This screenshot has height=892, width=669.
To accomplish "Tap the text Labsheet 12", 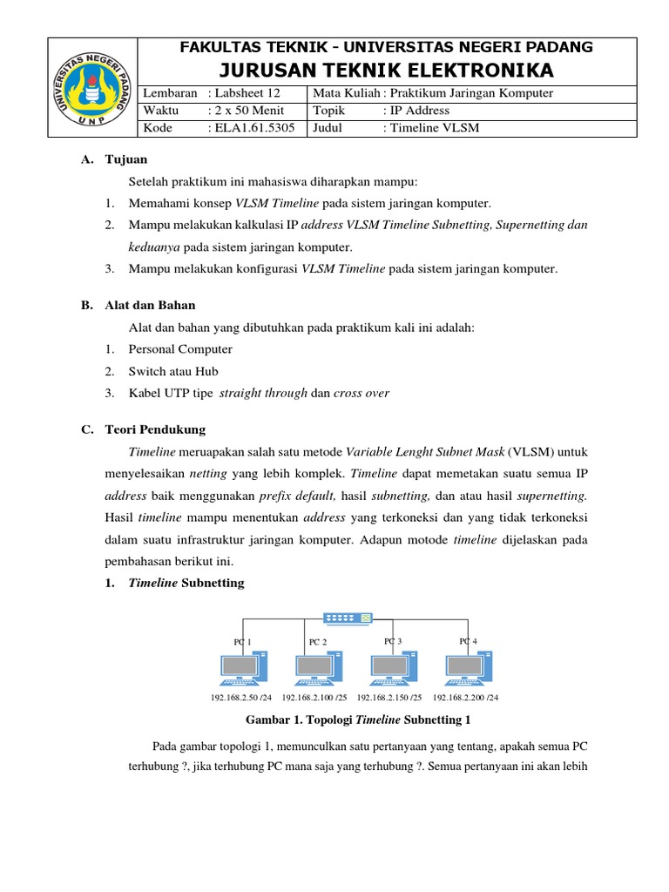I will (x=241, y=93).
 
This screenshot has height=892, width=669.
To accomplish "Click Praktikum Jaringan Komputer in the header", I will (x=471, y=93).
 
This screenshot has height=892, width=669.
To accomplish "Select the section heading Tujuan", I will (x=126, y=159).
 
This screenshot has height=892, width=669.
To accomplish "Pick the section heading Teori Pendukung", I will (x=167, y=429).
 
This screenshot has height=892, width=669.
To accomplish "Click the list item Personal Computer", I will (x=180, y=349).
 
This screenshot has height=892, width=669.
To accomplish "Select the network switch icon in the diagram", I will (x=348, y=618).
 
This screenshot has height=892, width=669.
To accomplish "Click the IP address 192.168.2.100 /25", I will (x=314, y=698).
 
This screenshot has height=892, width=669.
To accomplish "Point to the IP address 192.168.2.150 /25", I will (x=389, y=698).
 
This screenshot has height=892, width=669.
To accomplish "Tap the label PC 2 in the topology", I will (x=318, y=642).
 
